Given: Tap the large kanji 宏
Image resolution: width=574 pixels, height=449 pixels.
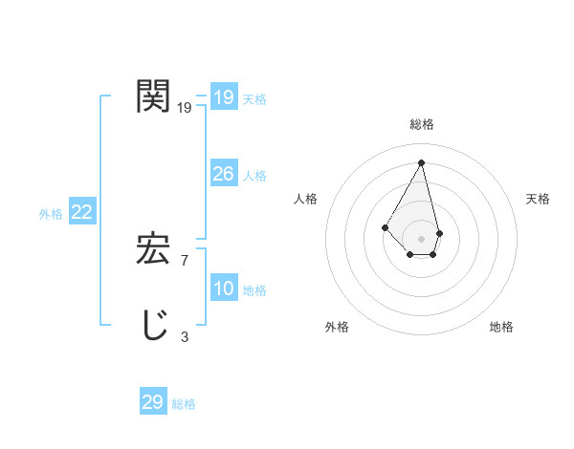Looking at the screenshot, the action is pos(153,250).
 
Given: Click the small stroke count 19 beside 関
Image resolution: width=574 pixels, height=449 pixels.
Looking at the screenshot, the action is pos(185,108).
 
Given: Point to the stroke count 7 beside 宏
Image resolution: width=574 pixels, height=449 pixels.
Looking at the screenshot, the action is pos(185,260).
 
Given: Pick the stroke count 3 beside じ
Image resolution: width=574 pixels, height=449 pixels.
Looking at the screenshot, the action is pos(185,336).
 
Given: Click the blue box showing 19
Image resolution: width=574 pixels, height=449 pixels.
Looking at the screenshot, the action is pos(223,97).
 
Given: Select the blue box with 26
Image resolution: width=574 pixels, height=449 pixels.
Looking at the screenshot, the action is pos(223,174).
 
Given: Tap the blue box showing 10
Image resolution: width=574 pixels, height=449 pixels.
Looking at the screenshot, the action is pos(223,289).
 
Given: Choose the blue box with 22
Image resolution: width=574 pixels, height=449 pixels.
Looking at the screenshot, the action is pos(81,212).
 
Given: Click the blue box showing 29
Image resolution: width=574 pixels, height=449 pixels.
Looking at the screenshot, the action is pos(152,402).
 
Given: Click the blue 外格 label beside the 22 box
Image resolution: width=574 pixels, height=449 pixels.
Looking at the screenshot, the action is pos(51,214).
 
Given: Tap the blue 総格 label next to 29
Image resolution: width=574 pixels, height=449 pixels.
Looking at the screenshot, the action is pos(184,404).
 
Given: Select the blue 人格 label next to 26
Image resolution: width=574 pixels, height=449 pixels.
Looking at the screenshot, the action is pos(254,176).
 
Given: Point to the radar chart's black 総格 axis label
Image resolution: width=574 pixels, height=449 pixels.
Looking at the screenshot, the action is pos(421,124).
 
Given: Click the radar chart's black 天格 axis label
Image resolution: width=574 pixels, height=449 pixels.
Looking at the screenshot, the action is pos(538,199).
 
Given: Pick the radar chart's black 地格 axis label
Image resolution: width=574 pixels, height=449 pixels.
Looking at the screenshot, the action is pos(501,327).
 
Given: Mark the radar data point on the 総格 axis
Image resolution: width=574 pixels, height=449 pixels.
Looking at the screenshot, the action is pos(421,162).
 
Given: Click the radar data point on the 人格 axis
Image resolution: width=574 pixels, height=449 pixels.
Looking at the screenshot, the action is pos(385,227).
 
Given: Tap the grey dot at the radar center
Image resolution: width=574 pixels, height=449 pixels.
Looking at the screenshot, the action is pos(421,239).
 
